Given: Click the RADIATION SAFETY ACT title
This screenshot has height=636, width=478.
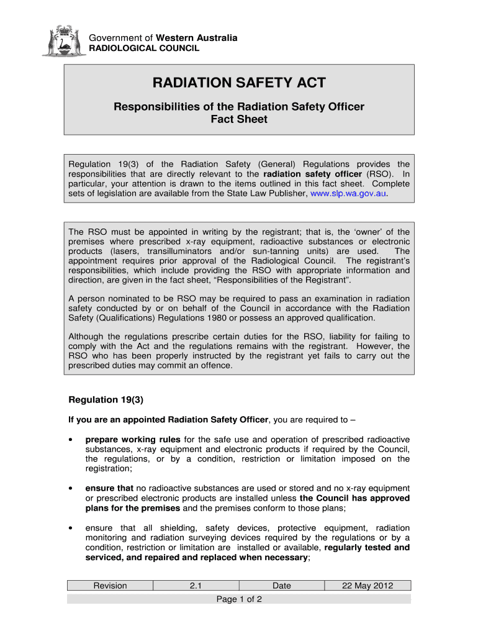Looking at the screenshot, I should pos(239,84).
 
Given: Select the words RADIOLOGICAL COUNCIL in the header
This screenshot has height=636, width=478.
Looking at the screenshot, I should pos(145,48).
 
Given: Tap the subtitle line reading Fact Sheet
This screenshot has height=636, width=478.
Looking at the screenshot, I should pos(239,119).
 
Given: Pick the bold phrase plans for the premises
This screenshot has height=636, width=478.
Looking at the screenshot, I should pos(132,508).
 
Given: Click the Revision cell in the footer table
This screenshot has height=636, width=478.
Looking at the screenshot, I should pos(110,585).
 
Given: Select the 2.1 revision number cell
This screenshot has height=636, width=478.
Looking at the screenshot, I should pos(196,585).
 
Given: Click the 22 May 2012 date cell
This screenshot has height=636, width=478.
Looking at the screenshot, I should pos(368,585).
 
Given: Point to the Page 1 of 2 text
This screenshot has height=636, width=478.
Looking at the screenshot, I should pos(239,599).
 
